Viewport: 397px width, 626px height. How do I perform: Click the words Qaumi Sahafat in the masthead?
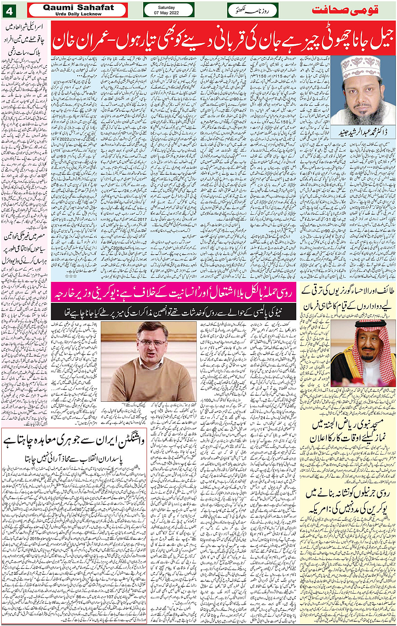point(78,8)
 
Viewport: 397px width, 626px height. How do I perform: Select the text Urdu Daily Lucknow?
point(78,14)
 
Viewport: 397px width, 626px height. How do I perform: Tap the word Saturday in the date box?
point(166,7)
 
